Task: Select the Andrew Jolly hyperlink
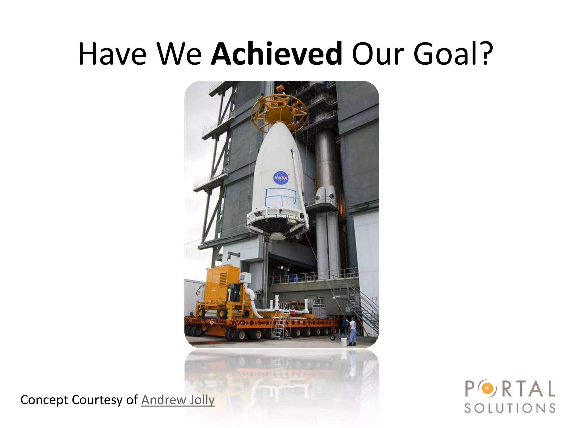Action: [178, 400]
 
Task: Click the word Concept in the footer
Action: [44, 400]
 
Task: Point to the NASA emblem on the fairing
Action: [280, 178]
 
